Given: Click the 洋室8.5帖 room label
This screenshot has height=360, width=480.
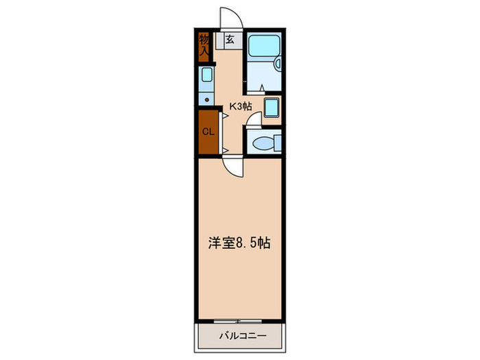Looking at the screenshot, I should coord(239,243).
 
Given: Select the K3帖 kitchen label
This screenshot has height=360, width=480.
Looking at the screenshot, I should coord(240,106).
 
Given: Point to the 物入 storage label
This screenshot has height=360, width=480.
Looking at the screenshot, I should coord(204,45).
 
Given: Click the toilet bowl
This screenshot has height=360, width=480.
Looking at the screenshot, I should coord(261,143).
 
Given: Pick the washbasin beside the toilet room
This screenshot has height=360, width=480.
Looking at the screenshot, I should coord(271,107).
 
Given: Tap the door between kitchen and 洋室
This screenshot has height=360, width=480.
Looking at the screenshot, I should coord(232,167).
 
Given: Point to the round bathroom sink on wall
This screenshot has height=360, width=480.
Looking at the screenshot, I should coord(278,64).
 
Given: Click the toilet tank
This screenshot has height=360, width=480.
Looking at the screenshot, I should coord(278,143).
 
